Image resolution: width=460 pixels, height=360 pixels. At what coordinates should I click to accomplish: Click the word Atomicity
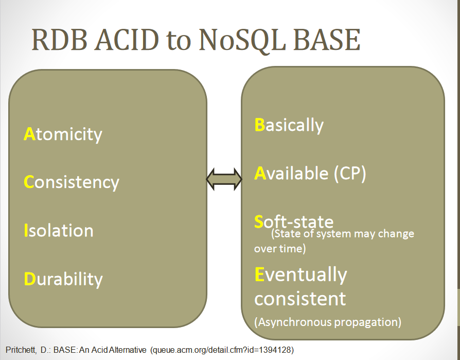point(63,135)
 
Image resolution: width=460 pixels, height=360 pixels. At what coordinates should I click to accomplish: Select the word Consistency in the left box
point(72,183)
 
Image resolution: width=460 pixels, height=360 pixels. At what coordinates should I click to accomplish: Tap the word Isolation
point(58,230)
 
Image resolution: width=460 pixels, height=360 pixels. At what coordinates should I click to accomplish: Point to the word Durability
point(63,279)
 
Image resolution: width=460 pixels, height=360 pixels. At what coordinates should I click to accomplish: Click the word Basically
point(289,125)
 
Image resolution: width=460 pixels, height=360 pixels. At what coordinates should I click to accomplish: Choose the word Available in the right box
point(291,173)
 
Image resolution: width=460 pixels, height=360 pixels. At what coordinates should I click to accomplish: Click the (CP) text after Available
point(350,174)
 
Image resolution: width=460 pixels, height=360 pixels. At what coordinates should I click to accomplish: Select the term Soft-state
point(294,221)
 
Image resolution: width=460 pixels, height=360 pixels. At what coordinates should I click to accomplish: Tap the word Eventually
point(300,275)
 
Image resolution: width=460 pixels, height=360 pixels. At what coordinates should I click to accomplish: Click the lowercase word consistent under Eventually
point(300,299)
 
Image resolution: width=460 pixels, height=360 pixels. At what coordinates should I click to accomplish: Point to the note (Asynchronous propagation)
point(328,322)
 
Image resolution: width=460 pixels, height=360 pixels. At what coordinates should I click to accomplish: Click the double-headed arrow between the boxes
point(224,179)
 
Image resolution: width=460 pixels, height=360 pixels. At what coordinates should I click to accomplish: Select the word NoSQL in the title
point(242,41)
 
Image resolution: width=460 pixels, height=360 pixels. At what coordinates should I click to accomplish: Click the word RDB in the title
point(59,40)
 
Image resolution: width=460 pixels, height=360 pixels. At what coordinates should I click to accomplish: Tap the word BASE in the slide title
point(327,40)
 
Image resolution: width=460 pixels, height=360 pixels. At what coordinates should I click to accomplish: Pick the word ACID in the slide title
point(127,40)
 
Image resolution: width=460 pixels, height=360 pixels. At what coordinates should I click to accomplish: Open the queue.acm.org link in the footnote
point(222,350)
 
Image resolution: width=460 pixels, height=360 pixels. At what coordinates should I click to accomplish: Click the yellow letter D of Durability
point(30,279)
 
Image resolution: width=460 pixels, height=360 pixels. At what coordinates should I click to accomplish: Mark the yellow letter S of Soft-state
point(259,221)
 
